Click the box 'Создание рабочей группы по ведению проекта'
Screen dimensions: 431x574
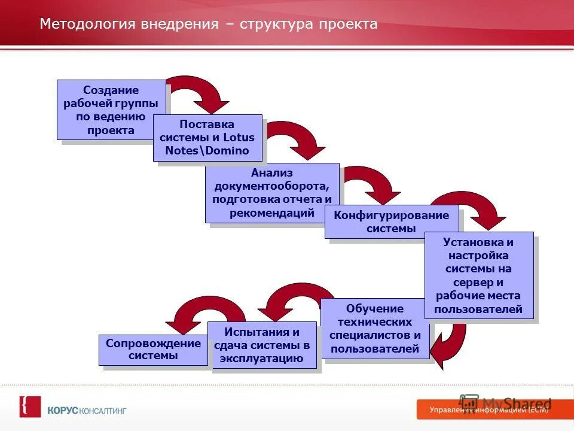pyautogui.click(x=111, y=110)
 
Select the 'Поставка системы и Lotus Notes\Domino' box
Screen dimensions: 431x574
pyautogui.click(x=207, y=138)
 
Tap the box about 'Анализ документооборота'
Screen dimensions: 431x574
pyautogui.click(x=272, y=193)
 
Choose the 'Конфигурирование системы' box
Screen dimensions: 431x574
pyautogui.click(x=392, y=221)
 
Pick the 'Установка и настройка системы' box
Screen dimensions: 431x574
pyautogui.click(x=478, y=275)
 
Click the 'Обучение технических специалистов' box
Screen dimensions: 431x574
pyautogui.click(x=375, y=329)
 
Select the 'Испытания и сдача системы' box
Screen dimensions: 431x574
pyautogui.click(x=262, y=345)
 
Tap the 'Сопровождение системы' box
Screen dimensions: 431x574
pyautogui.click(x=153, y=350)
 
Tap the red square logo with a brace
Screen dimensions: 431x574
pyautogui.click(x=30, y=406)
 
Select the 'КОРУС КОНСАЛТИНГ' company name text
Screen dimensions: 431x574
pyautogui.click(x=87, y=411)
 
